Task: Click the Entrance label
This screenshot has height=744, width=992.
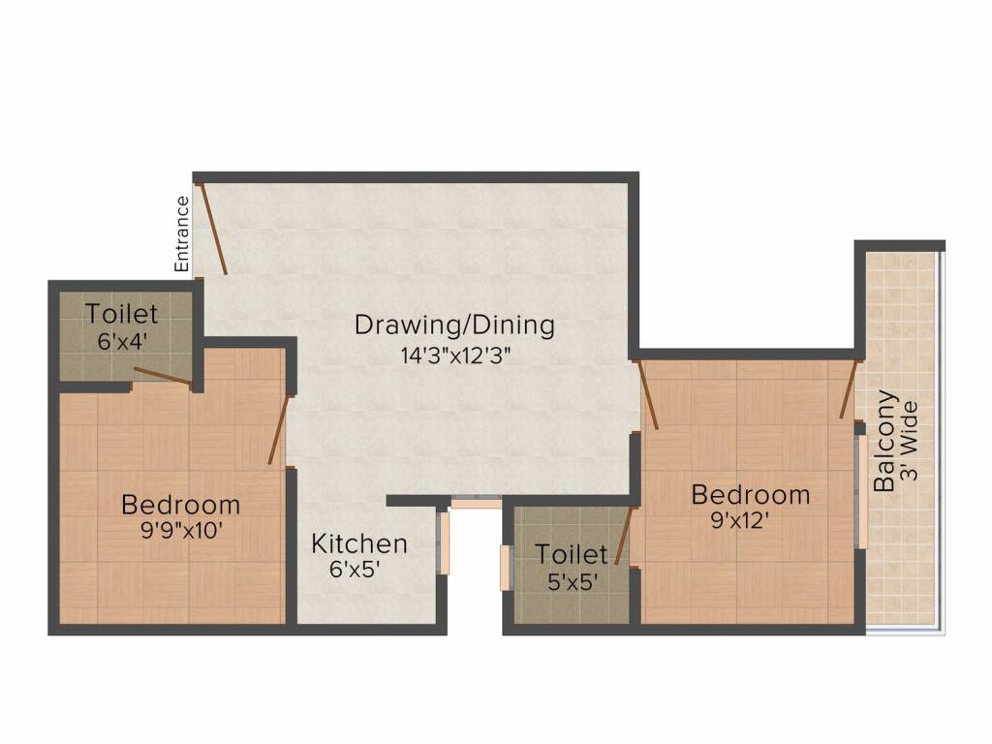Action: pyautogui.click(x=181, y=233)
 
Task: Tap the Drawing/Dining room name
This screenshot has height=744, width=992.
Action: pyautogui.click(x=454, y=325)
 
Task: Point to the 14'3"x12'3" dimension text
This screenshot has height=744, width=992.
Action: pyautogui.click(x=455, y=355)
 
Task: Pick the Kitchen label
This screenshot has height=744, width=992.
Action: pyautogui.click(x=359, y=544)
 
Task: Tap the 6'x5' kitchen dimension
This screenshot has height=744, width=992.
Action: pyautogui.click(x=355, y=571)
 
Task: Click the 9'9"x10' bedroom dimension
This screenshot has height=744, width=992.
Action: pyautogui.click(x=180, y=530)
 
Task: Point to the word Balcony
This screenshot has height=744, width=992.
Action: pyautogui.click(x=883, y=441)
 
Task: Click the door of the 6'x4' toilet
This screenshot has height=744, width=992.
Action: pyautogui.click(x=162, y=376)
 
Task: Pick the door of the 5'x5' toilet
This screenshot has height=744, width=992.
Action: pyautogui.click(x=624, y=536)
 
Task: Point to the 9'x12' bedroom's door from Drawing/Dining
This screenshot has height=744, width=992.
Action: pyautogui.click(x=648, y=394)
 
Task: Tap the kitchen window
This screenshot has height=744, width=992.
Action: pyautogui.click(x=445, y=542)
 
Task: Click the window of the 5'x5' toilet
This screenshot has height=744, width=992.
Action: pyautogui.click(x=505, y=568)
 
